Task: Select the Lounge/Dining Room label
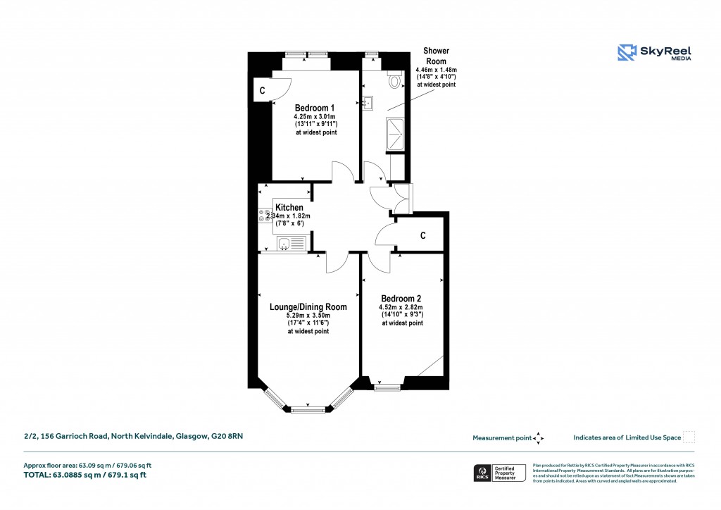point(308,307)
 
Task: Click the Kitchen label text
point(289,208)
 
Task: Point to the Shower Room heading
point(436,56)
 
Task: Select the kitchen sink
point(284,244)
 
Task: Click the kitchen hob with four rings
point(265,215)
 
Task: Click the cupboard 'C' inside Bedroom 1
point(262,90)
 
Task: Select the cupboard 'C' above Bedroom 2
point(422,236)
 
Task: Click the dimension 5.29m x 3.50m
point(308,316)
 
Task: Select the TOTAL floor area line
point(85,475)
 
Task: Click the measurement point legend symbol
point(539,437)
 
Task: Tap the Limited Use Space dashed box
point(689,437)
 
